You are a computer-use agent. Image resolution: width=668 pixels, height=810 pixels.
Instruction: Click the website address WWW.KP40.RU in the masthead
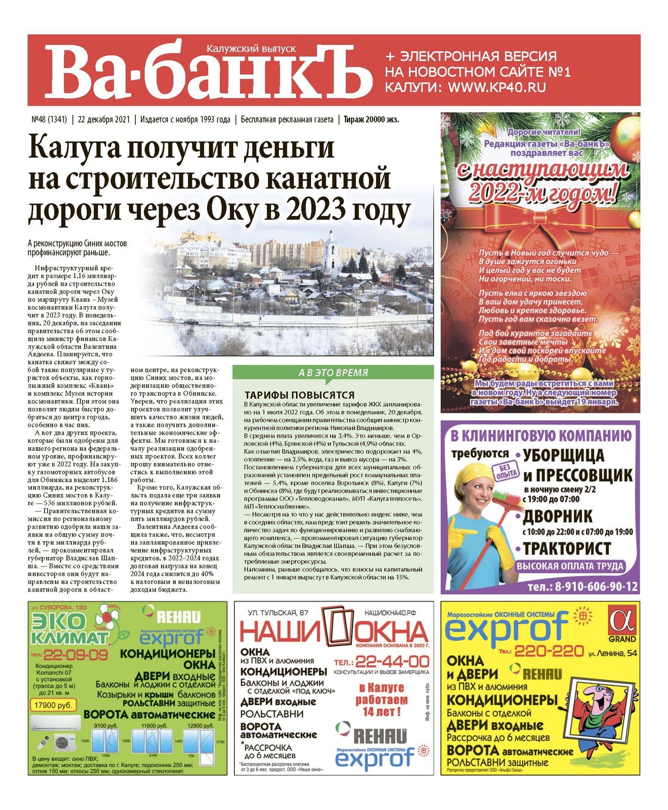tap(497, 87)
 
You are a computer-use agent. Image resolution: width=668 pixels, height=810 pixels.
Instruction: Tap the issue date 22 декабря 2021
tap(104, 119)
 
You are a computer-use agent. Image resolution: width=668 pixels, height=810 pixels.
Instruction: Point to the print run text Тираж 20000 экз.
tap(371, 119)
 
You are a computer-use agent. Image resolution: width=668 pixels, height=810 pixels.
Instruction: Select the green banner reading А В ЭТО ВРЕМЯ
tap(333, 373)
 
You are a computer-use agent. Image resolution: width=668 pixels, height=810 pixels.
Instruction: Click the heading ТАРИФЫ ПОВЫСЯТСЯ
tap(299, 395)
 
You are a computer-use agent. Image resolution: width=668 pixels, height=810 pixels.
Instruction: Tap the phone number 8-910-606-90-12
tap(582, 586)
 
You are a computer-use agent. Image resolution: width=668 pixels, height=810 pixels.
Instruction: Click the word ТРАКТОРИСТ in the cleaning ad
tap(567, 549)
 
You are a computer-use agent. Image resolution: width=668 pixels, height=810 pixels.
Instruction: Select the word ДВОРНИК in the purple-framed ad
tap(557, 516)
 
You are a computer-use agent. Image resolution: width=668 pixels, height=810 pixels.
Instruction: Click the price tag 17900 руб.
tap(53, 705)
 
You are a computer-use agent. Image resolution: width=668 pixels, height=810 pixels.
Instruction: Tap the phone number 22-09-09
tap(76, 654)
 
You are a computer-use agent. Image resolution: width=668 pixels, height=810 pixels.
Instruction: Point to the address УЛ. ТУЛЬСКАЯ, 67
tap(278, 612)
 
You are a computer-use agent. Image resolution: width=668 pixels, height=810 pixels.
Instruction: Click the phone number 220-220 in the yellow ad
tap(548, 651)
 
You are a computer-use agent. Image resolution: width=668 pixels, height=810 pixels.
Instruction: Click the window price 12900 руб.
tap(200, 725)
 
